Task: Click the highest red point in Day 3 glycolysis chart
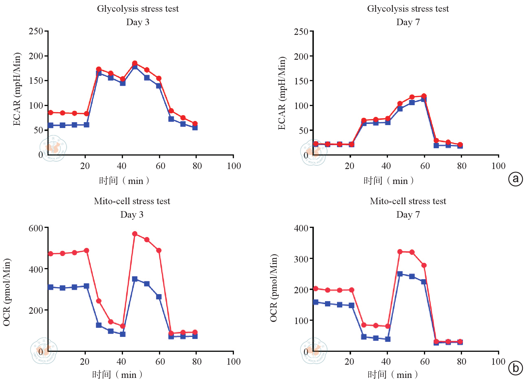(x=135, y=63)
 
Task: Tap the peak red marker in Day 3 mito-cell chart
(x=135, y=234)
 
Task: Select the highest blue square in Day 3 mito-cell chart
(x=135, y=279)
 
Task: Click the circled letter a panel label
(x=515, y=179)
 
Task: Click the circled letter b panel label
(x=515, y=368)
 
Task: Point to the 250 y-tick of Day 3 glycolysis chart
(x=36, y=31)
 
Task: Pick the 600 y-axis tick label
(x=36, y=228)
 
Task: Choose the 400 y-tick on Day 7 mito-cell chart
(x=301, y=228)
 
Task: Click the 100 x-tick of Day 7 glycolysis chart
(x=498, y=166)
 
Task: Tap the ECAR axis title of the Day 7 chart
(x=282, y=93)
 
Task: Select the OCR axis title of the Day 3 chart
(x=6, y=292)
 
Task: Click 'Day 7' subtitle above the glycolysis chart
(x=408, y=22)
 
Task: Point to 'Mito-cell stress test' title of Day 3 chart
(x=132, y=201)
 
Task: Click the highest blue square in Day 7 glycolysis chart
(x=424, y=99)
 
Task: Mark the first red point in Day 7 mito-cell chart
(x=316, y=289)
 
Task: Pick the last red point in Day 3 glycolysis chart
(x=195, y=124)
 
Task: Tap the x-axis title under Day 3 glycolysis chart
(x=124, y=180)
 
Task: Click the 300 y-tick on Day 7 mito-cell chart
(x=301, y=259)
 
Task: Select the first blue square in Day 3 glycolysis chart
(x=51, y=125)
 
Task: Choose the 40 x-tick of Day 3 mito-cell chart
(x=121, y=361)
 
